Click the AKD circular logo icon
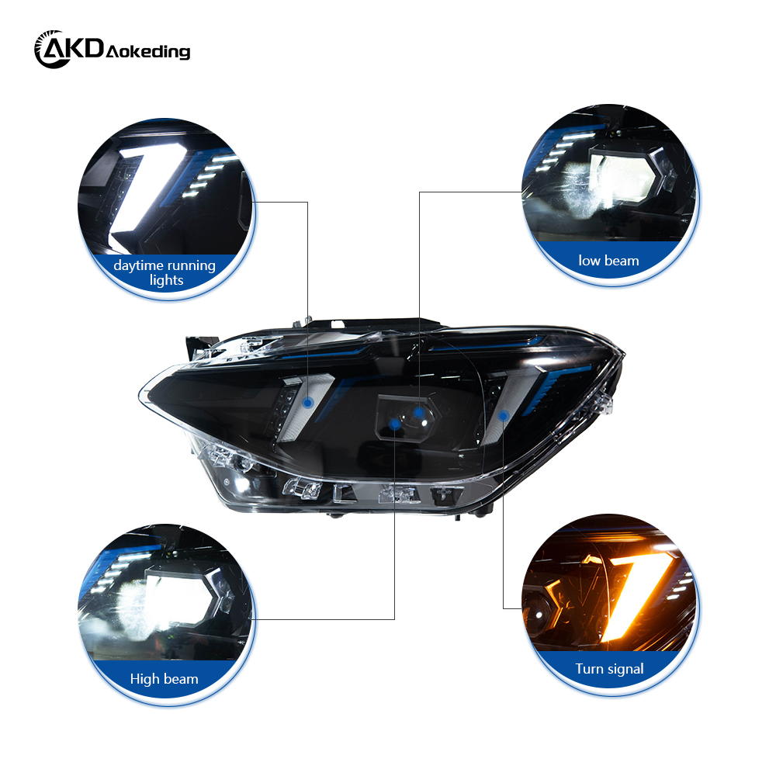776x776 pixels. click(52, 49)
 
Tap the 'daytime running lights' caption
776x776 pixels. click(165, 272)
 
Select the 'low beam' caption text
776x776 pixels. click(609, 261)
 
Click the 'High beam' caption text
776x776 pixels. click(165, 679)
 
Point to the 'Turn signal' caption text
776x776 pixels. click(609, 668)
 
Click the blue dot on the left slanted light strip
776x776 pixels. click(309, 401)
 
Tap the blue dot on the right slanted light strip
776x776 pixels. click(503, 416)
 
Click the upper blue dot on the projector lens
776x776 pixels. click(419, 412)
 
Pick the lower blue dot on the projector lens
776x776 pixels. click(395, 424)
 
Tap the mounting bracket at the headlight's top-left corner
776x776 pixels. click(199, 342)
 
